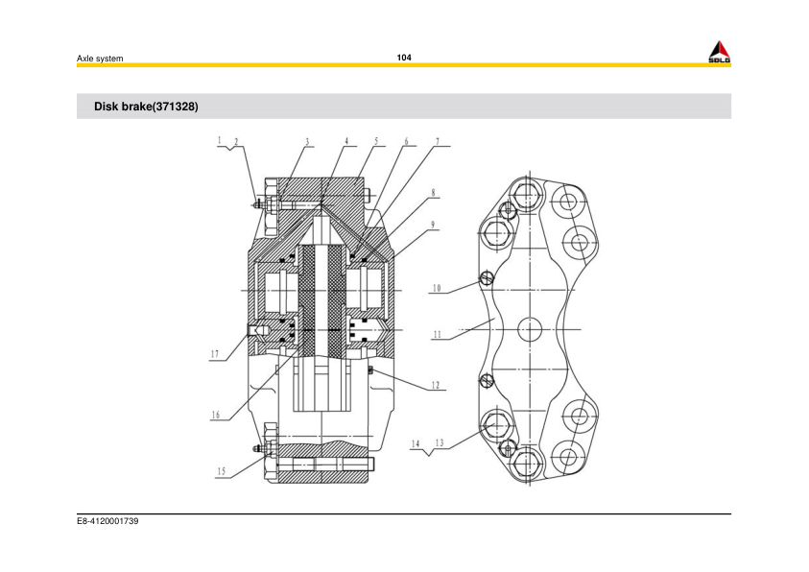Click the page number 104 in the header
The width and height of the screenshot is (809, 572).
tap(404, 58)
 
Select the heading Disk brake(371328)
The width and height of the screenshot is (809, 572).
tap(146, 107)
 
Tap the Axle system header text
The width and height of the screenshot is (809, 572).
tap(100, 60)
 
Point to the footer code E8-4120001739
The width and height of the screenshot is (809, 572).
tap(108, 522)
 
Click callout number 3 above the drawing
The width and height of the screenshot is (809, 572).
tap(307, 142)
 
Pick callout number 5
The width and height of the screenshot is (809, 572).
tap(376, 142)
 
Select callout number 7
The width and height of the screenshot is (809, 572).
tap(438, 142)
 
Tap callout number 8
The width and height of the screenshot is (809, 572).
tap(434, 192)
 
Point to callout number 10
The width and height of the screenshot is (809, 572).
tap(436, 287)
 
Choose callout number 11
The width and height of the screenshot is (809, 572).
tap(437, 335)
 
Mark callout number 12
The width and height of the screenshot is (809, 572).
tap(435, 385)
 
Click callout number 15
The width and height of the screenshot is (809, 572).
tap(221, 471)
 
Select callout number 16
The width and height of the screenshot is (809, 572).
tap(216, 415)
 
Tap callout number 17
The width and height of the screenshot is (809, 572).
tap(216, 354)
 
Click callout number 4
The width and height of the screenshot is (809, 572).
tap(345, 142)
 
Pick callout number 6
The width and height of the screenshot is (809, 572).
tap(406, 142)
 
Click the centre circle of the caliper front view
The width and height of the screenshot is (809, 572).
tap(531, 328)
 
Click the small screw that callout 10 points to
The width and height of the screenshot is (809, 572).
tap(487, 279)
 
